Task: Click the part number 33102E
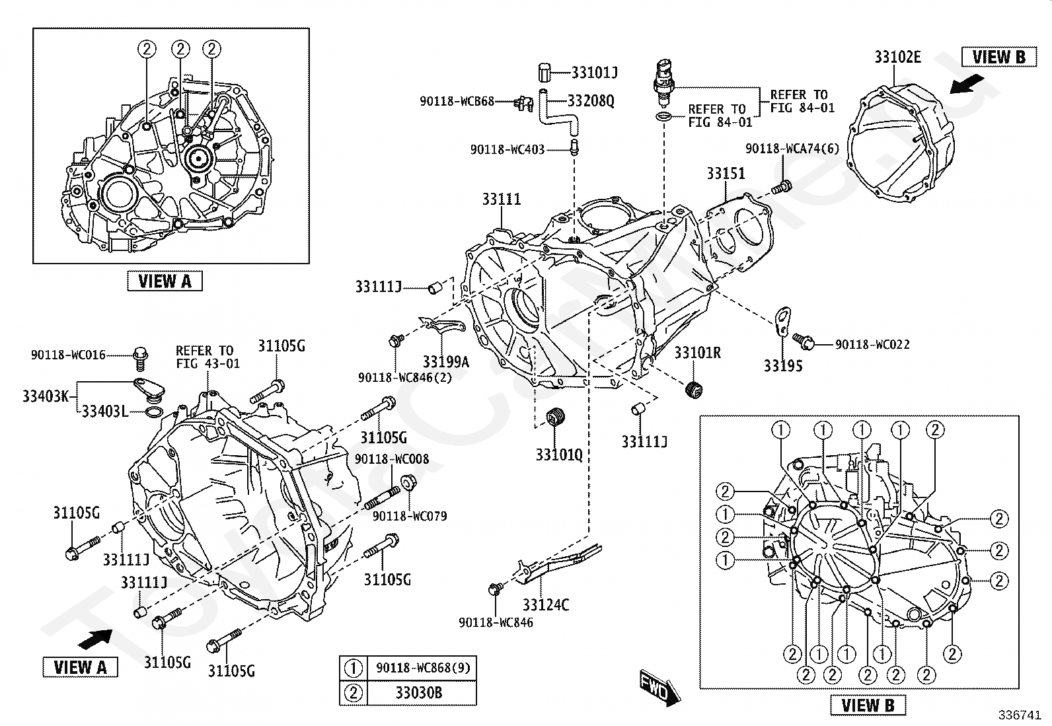pyautogui.click(x=897, y=57)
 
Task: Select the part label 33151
pyautogui.click(x=726, y=173)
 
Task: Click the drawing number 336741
pyautogui.click(x=1019, y=715)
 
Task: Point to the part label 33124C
pyautogui.click(x=546, y=604)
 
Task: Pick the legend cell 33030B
pyautogui.click(x=419, y=693)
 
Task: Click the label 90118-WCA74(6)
pyautogui.click(x=792, y=149)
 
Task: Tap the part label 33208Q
pyautogui.click(x=591, y=100)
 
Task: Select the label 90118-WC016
pyautogui.click(x=68, y=355)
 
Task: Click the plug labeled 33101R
pyautogui.click(x=694, y=390)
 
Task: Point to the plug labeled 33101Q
pyautogui.click(x=556, y=417)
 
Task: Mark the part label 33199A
pyautogui.click(x=445, y=361)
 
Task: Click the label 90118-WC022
pyautogui.click(x=872, y=344)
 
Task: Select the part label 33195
pyautogui.click(x=783, y=365)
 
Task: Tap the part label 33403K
pyautogui.click(x=46, y=396)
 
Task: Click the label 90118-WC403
pyautogui.click(x=507, y=149)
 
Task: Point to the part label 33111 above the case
pyautogui.click(x=502, y=199)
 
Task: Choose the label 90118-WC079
pyautogui.click(x=410, y=516)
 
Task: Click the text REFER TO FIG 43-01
pyautogui.click(x=207, y=357)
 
